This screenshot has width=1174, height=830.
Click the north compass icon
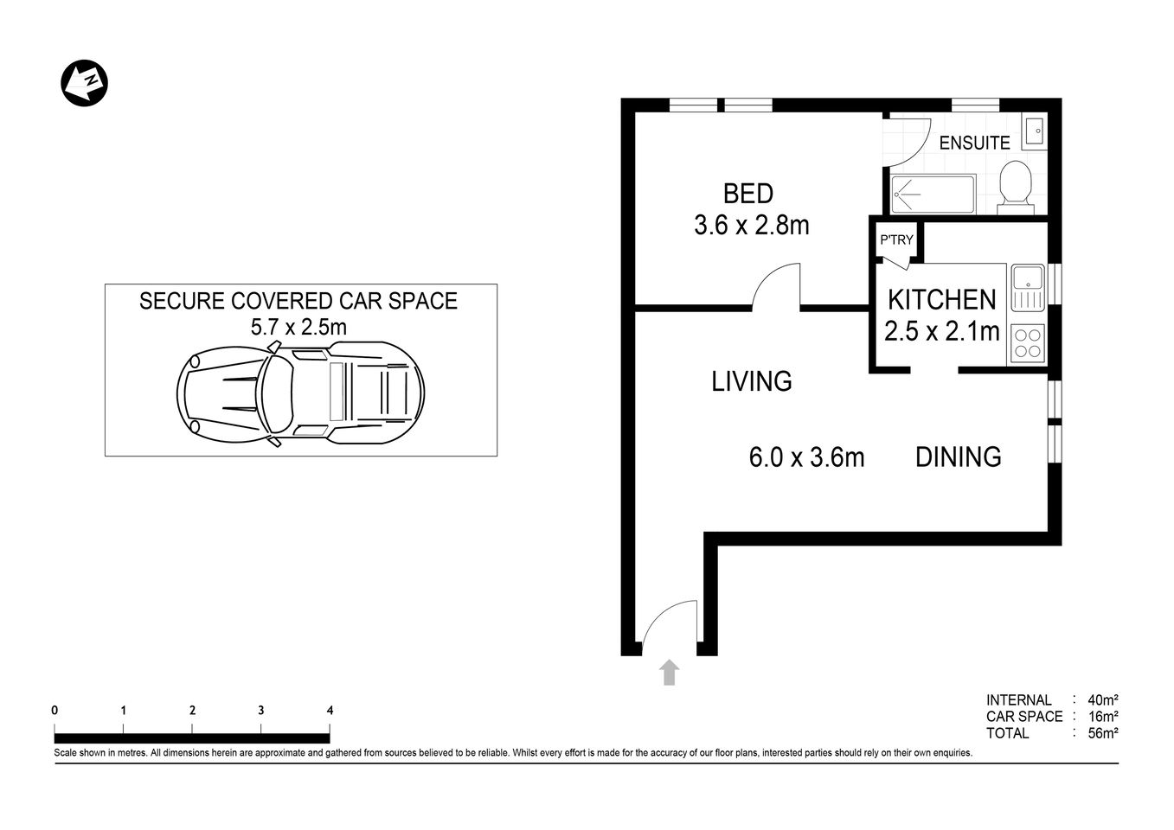pos(84,83)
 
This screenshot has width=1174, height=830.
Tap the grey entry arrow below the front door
pos(669,672)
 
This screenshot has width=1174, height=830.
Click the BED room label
pos(748,193)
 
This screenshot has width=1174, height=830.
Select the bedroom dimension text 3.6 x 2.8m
pos(751,226)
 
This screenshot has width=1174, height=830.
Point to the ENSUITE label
pos(974,143)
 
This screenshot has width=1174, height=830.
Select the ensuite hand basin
pos(1034,132)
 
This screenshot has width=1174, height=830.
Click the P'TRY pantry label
pos(896,239)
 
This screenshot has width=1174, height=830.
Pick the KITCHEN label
pos(941,300)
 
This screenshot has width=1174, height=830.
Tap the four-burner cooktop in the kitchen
pos(1027,342)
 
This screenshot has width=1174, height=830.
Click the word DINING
pos(958,456)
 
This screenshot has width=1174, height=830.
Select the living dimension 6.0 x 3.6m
pos(806,457)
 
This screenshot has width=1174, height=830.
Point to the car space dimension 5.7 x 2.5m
pos(298,327)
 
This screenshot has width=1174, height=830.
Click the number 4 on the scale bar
pos(330,711)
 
